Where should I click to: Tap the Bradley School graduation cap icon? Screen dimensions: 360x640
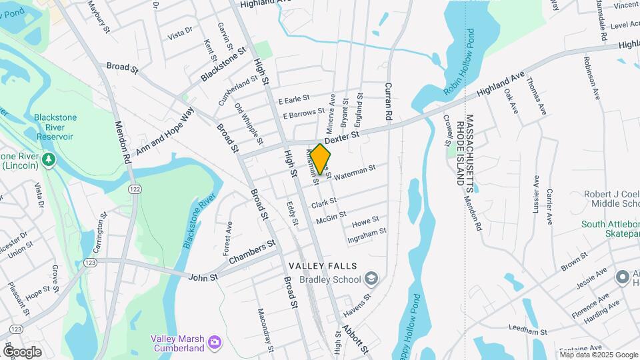372,279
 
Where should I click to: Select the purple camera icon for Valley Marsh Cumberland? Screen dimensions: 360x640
215,343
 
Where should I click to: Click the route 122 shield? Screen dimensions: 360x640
135,190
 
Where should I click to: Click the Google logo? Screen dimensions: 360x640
21,351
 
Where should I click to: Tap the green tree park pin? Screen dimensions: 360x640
48,161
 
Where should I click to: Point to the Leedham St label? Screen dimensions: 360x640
527,331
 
